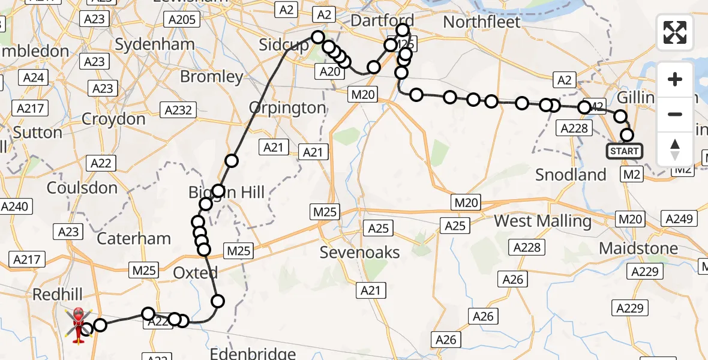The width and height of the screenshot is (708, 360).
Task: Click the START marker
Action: click(624, 151)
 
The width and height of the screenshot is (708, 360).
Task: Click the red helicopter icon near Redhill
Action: click(79, 325)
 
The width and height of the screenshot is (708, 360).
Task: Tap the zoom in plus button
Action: click(675, 80)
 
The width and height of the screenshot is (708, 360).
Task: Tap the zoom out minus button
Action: click(675, 114)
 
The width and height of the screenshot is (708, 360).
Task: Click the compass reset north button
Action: click(675, 149)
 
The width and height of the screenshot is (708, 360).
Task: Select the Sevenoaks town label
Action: click(359, 252)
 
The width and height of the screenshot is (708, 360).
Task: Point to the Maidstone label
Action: click(638, 248)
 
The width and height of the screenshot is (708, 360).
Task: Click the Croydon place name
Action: click(113, 119)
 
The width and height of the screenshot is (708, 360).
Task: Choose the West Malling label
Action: click(542, 221)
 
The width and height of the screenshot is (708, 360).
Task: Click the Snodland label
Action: click(571, 175)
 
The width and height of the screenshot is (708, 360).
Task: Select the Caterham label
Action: click(134, 238)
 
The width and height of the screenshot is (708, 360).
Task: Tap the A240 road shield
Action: click(14, 206)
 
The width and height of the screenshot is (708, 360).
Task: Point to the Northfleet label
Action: click(482, 22)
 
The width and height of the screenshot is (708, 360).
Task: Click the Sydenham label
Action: click(154, 44)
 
